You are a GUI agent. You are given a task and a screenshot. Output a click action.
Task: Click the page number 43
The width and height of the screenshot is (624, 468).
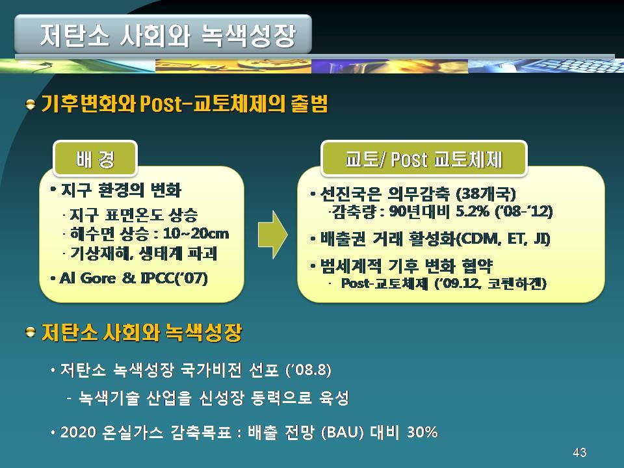(579, 452)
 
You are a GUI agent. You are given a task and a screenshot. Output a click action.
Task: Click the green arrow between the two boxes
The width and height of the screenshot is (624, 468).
(272, 235)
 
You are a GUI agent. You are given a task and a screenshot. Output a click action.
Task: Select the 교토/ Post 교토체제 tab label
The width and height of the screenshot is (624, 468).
(423, 159)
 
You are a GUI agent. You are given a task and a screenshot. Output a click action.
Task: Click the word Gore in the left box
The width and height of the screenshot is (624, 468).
(98, 278)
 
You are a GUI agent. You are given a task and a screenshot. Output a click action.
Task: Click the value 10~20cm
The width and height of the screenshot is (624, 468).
(196, 233)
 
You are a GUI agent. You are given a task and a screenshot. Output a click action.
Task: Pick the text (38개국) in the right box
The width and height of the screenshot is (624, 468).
(486, 194)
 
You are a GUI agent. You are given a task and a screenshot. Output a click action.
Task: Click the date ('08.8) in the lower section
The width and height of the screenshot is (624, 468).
(308, 370)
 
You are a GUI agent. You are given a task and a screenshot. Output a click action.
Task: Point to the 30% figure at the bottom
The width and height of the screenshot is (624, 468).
(422, 432)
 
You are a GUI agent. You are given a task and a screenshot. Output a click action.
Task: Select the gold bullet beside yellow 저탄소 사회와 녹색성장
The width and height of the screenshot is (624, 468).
(31, 331)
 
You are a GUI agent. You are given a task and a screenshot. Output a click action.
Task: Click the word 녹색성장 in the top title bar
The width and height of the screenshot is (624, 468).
(248, 34)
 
